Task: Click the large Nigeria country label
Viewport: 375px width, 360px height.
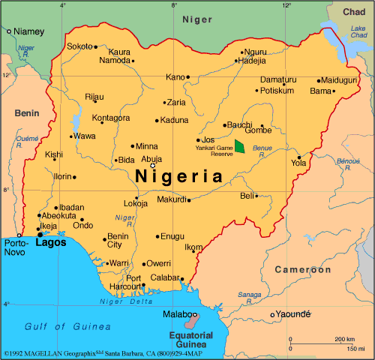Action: [x=180, y=177]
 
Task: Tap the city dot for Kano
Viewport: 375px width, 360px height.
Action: [x=187, y=76]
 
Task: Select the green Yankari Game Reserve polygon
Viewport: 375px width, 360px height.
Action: [x=240, y=146]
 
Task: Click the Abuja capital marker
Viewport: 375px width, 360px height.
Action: [x=152, y=166]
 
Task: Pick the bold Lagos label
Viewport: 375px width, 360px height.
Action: [x=50, y=243]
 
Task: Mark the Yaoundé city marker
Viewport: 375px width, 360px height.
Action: [x=272, y=315]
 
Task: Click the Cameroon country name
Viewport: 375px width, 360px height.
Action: [x=302, y=269]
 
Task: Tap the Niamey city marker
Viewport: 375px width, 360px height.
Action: [x=9, y=31]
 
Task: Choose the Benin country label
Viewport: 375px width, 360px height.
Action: [x=25, y=113]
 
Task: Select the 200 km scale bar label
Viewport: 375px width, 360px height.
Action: [x=345, y=339]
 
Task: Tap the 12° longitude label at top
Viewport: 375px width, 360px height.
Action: [x=286, y=5]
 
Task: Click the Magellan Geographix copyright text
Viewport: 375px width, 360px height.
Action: [x=94, y=352]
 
